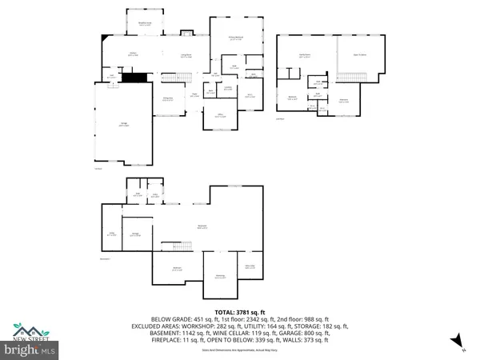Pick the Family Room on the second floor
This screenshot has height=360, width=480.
[x=305, y=54]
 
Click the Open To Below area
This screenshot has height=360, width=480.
[x=359, y=54]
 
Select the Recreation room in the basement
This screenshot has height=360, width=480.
[x=202, y=226]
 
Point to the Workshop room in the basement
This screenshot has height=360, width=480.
[x=219, y=277]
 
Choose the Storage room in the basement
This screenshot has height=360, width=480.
[x=136, y=234]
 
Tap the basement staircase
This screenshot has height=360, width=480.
[x=172, y=245]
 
